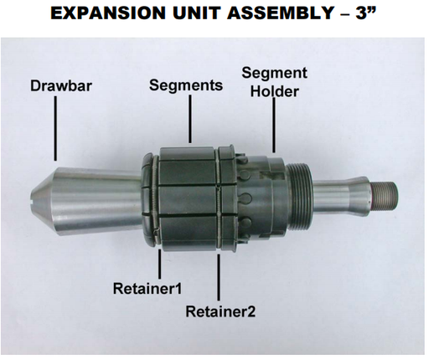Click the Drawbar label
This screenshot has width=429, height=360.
59,86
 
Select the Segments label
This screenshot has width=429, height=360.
186,85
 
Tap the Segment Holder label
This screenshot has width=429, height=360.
274,81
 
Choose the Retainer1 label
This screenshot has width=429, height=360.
148,289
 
